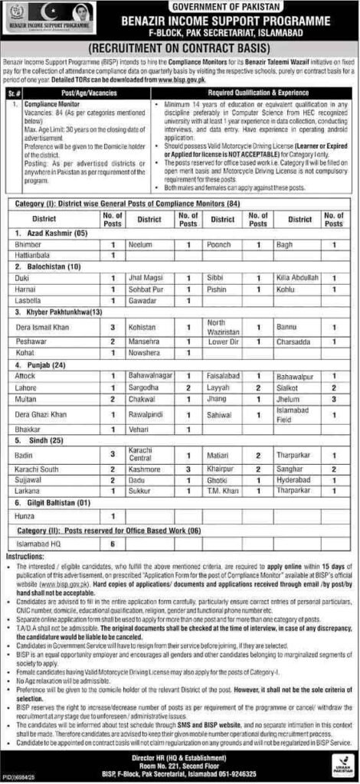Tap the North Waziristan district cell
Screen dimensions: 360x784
tap(222, 327)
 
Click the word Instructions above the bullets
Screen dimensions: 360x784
tap(24, 553)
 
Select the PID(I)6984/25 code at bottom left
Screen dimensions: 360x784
tap(24, 776)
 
